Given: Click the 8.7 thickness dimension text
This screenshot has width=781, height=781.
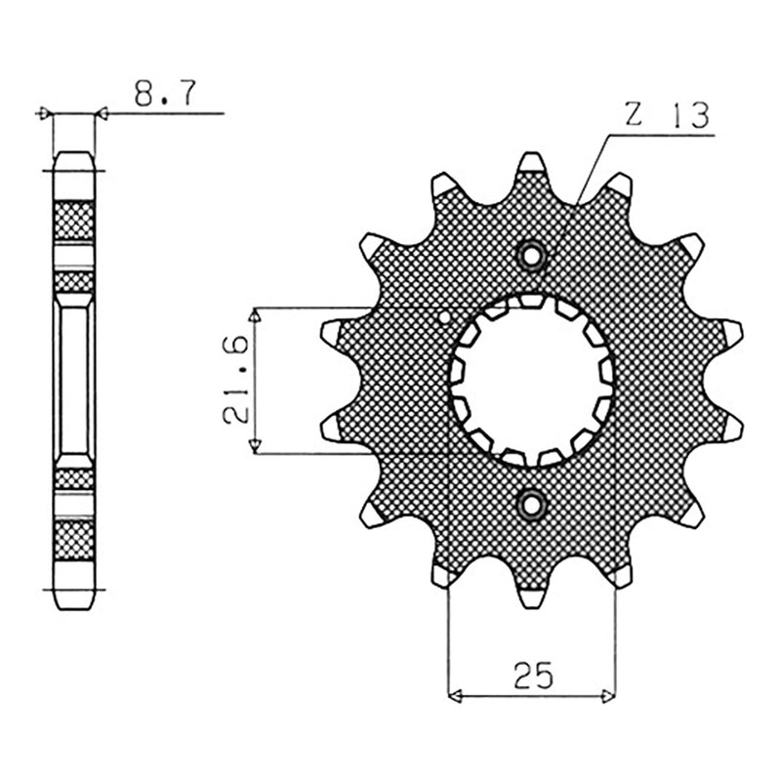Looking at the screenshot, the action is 165,93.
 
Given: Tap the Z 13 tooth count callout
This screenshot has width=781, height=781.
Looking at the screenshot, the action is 667,115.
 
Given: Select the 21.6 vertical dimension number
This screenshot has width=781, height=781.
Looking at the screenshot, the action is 235,380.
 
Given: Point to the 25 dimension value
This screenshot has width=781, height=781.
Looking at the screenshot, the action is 533,676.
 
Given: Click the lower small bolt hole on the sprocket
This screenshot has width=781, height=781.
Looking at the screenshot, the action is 531,506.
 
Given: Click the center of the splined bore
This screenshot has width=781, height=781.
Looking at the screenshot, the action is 531,381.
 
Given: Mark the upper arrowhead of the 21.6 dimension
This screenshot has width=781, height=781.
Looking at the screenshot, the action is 255,315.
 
